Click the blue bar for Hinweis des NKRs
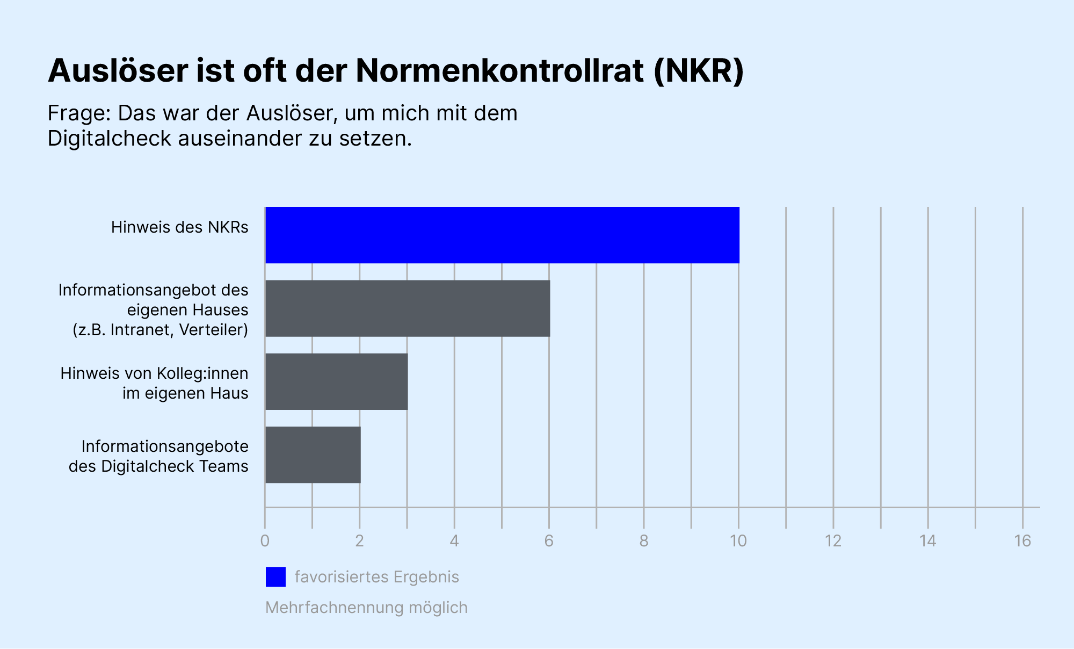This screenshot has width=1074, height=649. coord(502,235)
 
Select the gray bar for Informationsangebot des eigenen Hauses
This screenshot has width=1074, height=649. coord(408,308)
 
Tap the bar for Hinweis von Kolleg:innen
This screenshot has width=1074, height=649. coord(337,381)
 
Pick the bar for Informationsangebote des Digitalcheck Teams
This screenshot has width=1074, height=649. coord(313,455)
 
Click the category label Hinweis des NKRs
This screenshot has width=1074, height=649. coord(179,227)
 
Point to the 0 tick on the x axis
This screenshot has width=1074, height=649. coord(265,541)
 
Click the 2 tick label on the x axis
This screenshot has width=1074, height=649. coord(360,541)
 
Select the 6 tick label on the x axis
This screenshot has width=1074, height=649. coord(549,541)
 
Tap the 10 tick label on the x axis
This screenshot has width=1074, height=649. coord(738,541)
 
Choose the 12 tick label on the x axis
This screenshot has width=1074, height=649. coord(833,541)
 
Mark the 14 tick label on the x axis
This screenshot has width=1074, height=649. coord(928,541)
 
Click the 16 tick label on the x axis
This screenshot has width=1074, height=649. coord(1022,541)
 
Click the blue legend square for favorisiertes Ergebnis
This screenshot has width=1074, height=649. coord(275,577)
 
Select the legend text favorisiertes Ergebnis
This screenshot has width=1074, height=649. coord(376,577)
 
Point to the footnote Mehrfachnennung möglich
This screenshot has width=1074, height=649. coord(366,608)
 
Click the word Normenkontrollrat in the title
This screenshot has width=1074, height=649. coord(499,70)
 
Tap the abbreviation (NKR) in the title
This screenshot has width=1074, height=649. coord(699,70)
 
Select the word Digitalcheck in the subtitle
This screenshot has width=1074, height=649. coord(109,139)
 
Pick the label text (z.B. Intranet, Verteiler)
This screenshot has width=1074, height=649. coord(160,329)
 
